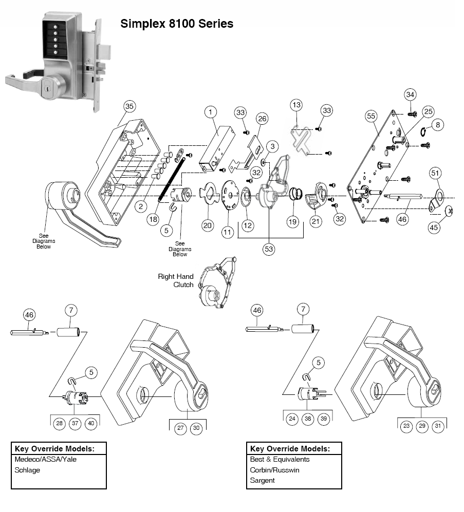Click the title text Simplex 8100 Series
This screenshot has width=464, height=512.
click(176, 24)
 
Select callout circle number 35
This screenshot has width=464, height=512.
click(129, 106)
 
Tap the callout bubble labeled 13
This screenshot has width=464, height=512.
click(296, 105)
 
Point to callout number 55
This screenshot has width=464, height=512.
click(371, 117)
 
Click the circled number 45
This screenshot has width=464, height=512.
click(435, 227)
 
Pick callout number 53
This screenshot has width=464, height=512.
click(269, 249)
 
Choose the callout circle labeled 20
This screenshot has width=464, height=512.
click(207, 225)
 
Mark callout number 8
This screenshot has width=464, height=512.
click(437, 125)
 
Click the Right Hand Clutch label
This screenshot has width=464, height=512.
click(176, 280)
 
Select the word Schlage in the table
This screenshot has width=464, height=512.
click(27, 470)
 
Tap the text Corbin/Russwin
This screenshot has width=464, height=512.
click(274, 470)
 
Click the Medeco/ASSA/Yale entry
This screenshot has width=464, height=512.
click(46, 459)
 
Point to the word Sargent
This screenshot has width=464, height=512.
click(262, 480)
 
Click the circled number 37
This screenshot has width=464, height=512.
click(75, 423)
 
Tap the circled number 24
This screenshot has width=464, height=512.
click(292, 419)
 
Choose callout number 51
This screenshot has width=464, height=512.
click(435, 173)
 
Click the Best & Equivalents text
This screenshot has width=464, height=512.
click(280, 459)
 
